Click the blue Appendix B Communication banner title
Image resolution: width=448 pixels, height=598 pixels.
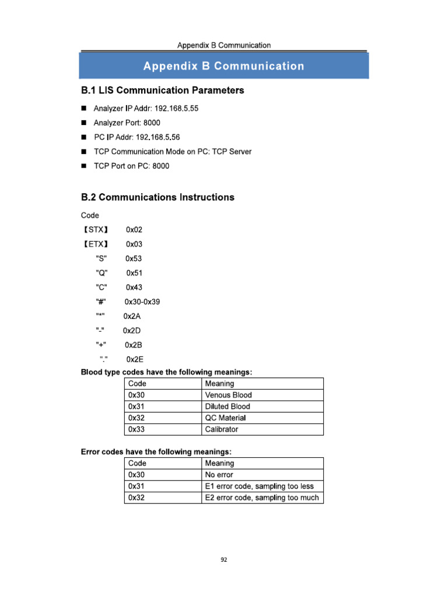[223, 66]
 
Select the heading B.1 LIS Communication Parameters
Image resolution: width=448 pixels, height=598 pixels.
[162, 91]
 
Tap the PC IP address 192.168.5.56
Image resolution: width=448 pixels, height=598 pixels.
[157, 137]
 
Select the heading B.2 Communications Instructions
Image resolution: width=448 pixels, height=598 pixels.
[157, 197]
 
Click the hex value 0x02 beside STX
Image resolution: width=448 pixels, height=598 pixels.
[134, 230]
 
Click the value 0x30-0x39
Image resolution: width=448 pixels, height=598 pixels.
[142, 302]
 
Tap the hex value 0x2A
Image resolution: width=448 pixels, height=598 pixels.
[132, 317]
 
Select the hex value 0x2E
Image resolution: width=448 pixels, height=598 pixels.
[134, 360]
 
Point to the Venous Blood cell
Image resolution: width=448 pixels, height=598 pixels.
[228, 395]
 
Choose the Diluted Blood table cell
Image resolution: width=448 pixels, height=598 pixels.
[228, 406]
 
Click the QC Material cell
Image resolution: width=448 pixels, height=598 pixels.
[225, 418]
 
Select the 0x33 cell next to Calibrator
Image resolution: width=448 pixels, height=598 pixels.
[136, 430]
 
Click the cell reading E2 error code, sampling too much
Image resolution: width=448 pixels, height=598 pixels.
[262, 498]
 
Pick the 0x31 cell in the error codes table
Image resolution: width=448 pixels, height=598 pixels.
[136, 486]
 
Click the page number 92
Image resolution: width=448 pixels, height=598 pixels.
[224, 559]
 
